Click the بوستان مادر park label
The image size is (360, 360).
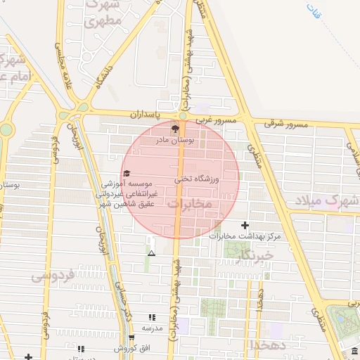[174, 141]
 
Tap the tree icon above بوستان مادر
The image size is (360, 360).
[174, 129]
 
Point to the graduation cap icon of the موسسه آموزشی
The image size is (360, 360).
[126, 173]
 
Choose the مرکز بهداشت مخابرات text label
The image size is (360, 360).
[245, 236]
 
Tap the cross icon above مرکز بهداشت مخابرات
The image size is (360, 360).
[245, 225]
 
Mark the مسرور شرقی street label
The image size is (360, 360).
[286, 124]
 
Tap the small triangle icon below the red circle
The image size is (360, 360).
[150, 252]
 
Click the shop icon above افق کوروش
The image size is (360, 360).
[80, 348]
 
